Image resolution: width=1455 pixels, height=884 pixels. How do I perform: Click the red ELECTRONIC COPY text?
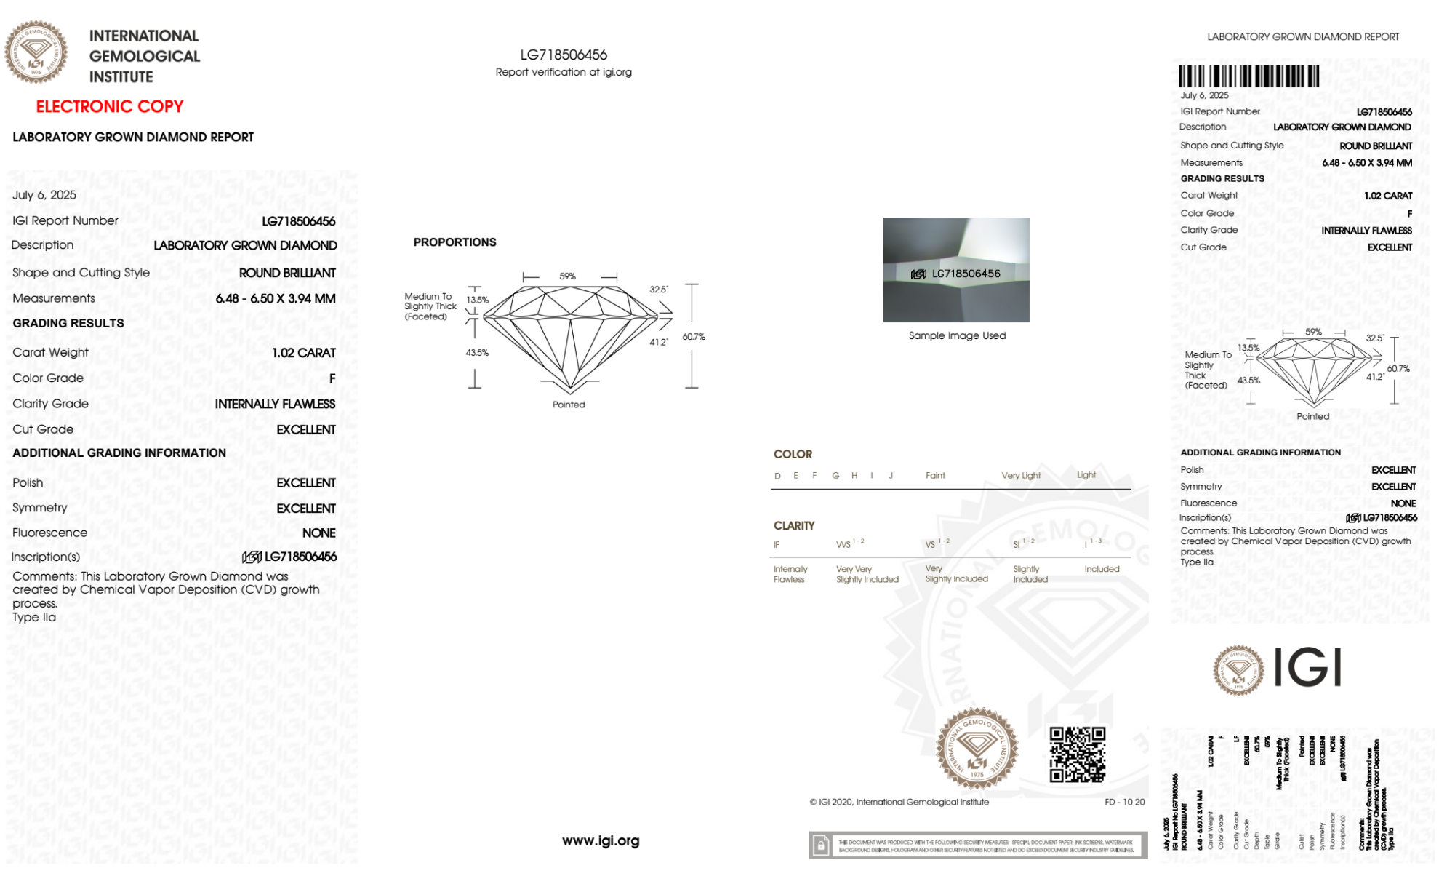[x=110, y=106]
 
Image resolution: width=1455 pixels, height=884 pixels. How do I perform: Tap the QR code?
[x=1077, y=754]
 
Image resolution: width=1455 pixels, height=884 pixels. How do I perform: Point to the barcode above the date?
[x=1248, y=76]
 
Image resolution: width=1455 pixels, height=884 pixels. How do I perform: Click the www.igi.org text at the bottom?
[x=601, y=840]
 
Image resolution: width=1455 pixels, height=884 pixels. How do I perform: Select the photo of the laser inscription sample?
[x=956, y=270]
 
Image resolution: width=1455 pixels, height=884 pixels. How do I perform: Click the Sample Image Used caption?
[x=957, y=335]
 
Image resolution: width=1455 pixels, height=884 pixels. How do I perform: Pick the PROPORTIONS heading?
[x=454, y=242]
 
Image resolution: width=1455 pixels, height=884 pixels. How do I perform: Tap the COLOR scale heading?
[x=793, y=454]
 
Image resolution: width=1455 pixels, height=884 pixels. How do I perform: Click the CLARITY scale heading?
[x=794, y=525]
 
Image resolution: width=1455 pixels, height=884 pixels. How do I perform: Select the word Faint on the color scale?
[x=935, y=475]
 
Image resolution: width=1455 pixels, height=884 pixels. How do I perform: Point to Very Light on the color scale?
[x=1021, y=475]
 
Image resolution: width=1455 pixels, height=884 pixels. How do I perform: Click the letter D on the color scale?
[x=777, y=476]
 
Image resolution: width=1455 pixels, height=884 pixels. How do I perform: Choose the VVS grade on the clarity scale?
[x=844, y=544]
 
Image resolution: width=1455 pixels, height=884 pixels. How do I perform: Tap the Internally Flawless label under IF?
[x=790, y=574]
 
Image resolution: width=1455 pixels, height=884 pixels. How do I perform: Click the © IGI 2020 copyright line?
[x=899, y=802]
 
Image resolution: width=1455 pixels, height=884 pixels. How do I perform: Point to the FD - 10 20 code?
[x=1124, y=802]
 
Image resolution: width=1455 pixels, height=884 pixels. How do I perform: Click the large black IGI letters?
[x=1308, y=667]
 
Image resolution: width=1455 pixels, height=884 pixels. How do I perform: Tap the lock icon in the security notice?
[x=821, y=845]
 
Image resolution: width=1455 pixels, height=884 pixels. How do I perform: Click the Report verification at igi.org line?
[x=564, y=72]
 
